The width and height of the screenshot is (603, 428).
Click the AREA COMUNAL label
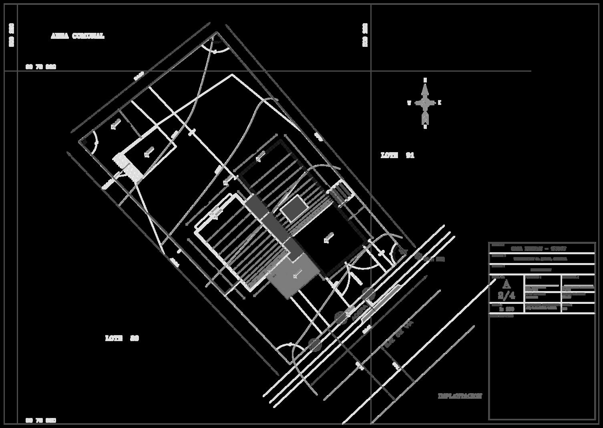pyautogui.click(x=77, y=36)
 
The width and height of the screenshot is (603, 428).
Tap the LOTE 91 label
pyautogui.click(x=397, y=155)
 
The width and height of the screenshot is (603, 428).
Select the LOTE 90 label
pyautogui.click(x=122, y=338)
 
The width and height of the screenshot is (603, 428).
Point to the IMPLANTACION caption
pyautogui.click(x=460, y=396)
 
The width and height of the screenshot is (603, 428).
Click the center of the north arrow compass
pyautogui.click(x=425, y=103)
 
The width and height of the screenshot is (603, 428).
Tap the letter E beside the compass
pyautogui.click(x=440, y=103)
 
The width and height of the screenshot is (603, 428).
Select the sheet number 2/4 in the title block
pyautogui.click(x=506, y=295)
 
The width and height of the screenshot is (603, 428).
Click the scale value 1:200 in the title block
pyautogui.click(x=506, y=309)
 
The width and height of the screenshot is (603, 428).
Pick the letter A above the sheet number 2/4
pyautogui.click(x=507, y=284)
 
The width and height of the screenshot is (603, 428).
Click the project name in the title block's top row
pyautogui.click(x=541, y=248)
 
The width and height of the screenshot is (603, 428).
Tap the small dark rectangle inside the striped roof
pyautogui.click(x=294, y=208)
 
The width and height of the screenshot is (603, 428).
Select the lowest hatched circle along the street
pyautogui.click(x=315, y=344)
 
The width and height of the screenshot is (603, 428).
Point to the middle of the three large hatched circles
pyautogui.click(x=341, y=317)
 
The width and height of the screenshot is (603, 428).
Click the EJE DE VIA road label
pyautogui.click(x=398, y=334)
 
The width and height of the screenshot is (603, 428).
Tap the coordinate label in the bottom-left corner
pyautogui.click(x=41, y=420)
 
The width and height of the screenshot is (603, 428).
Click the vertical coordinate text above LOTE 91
pyautogui.click(x=365, y=35)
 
